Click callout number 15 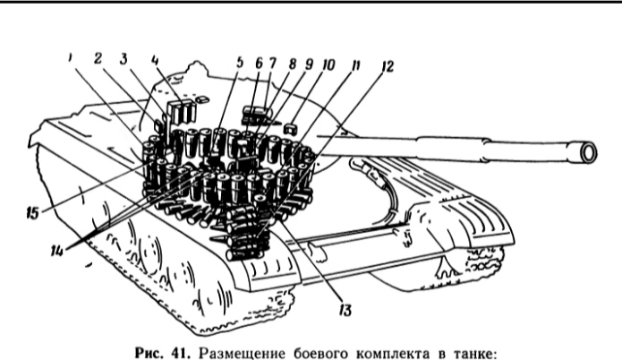(x=32, y=213)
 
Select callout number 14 (x=56, y=251)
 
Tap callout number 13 (x=345, y=310)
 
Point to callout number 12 (x=387, y=66)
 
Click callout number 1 (x=70, y=57)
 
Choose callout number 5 (x=239, y=63)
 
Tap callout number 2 (x=98, y=58)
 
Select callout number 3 (x=124, y=59)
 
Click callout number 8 (x=293, y=64)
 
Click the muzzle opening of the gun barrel (x=588, y=152)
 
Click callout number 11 (x=355, y=65)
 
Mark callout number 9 (x=309, y=64)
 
